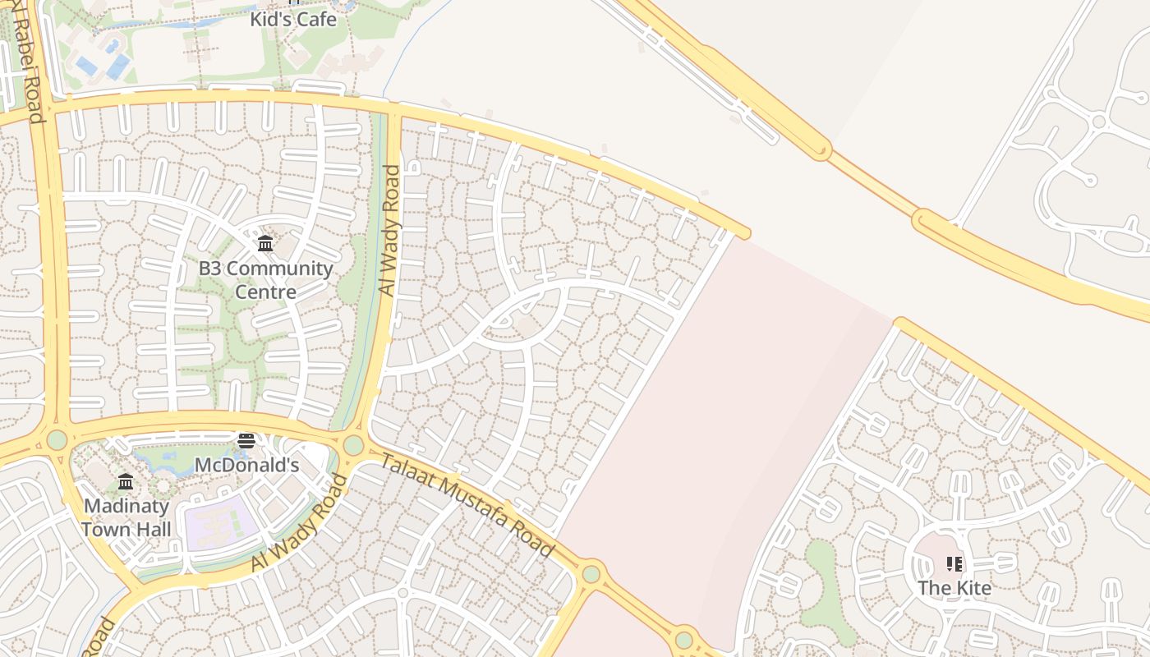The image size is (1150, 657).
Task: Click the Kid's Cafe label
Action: [294, 19]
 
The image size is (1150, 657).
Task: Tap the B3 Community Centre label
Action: [266, 279]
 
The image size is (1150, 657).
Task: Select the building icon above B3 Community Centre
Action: [265, 243]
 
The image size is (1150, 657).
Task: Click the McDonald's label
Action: [246, 465]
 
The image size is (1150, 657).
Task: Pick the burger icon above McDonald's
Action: [246, 441]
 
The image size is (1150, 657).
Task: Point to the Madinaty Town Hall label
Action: [126, 517]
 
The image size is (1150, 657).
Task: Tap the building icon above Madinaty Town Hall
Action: [126, 481]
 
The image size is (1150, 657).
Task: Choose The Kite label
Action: [954, 588]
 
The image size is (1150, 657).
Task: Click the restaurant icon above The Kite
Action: [954, 563]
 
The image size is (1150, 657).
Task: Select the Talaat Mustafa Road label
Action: [466, 505]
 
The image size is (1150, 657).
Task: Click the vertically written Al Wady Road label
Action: [389, 230]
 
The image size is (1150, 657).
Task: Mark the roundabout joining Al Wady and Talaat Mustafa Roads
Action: [353, 445]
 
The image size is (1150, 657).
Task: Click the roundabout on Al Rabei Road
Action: [57, 439]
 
